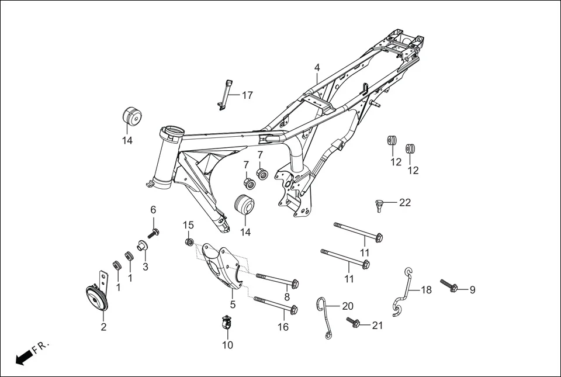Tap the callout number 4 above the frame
317,68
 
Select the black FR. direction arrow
23,357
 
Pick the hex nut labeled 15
189,241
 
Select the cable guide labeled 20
323,316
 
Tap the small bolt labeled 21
355,323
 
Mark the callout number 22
405,203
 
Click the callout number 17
247,95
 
